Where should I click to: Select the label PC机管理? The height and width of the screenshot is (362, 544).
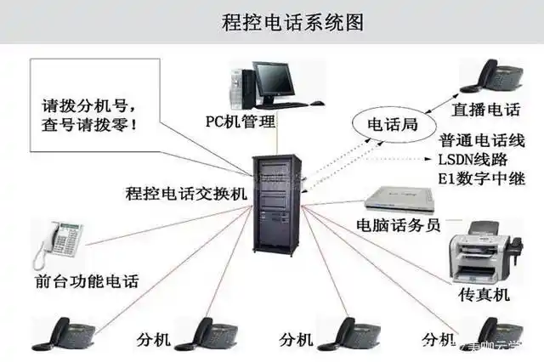point(241,121)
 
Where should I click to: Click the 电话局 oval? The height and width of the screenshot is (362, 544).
point(392,125)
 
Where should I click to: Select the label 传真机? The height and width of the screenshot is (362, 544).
point(483,294)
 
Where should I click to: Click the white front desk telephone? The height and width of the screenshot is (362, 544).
point(59,243)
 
